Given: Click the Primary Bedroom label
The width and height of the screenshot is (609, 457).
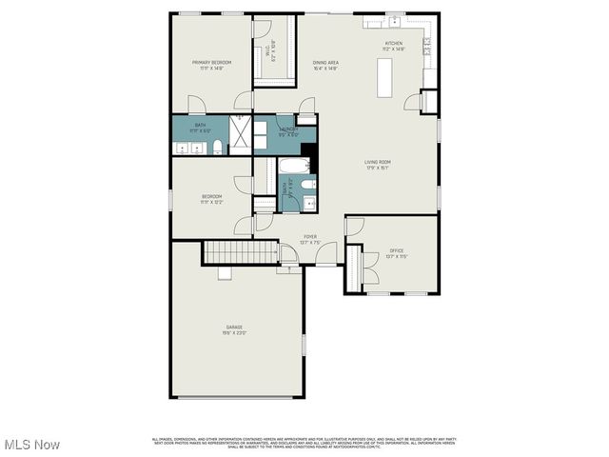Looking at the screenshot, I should pos(211,65).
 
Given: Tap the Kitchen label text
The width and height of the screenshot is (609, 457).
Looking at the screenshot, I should pos(393,45).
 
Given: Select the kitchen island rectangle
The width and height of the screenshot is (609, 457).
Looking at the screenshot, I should pos(385,77).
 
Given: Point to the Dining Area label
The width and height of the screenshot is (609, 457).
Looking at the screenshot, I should pos(325,65).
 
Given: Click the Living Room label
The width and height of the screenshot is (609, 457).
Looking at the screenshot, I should pos(377,164).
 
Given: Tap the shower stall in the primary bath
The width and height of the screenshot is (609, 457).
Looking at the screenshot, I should pos(241,134).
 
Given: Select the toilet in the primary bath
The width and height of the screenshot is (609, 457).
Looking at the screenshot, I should pos(217,147).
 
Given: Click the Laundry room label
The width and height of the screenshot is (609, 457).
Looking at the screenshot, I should pos(288,131).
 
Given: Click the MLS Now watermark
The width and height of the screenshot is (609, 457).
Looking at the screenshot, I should pos(31,445).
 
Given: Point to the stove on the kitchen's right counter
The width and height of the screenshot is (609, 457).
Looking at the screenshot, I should pos(429,43).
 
